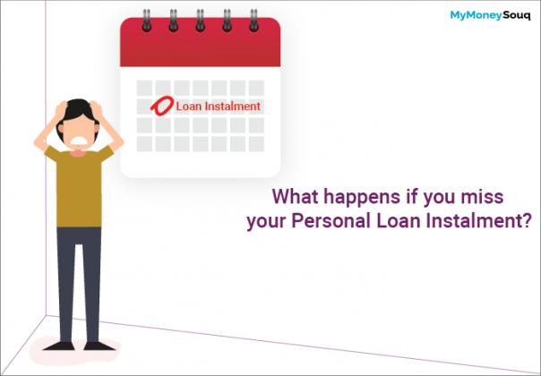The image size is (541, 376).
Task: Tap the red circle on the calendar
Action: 164,106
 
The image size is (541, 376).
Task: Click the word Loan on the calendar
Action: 189,106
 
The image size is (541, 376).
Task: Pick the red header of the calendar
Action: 201,45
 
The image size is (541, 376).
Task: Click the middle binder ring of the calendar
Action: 201,20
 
